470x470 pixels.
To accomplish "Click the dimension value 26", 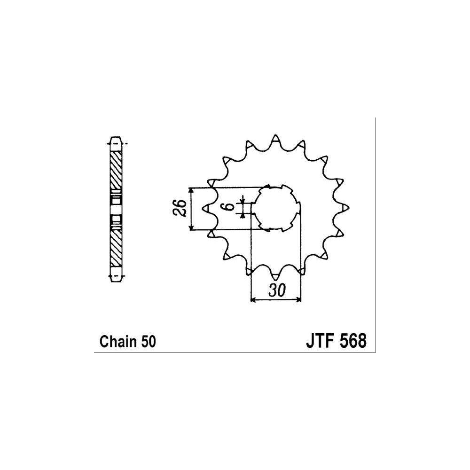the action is point(180,208).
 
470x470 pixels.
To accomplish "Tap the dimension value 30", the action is point(277,290).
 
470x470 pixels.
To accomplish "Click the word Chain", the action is point(118,341).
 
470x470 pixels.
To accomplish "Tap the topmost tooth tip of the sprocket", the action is point(275,135).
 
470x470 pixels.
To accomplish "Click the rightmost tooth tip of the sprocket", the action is point(349,207).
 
